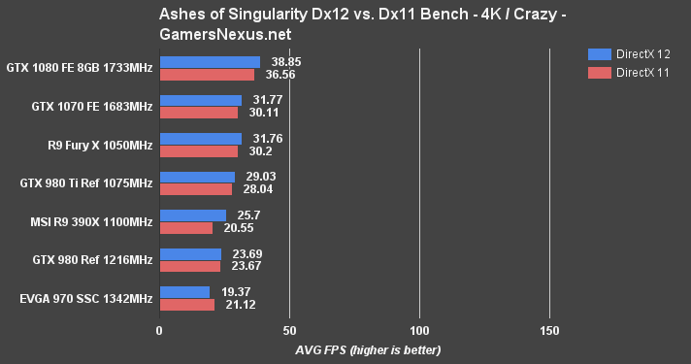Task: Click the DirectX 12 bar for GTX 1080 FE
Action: [x=210, y=62]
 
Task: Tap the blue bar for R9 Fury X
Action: [x=200, y=139]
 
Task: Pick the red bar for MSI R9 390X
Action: [x=185, y=228]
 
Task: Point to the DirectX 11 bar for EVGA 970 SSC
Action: [x=186, y=305]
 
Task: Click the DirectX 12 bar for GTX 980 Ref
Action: [x=190, y=254]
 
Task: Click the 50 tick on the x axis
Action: [x=289, y=330]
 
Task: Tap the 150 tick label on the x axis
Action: [x=549, y=330]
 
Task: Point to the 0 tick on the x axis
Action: [x=159, y=330]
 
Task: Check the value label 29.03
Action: [x=263, y=177]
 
